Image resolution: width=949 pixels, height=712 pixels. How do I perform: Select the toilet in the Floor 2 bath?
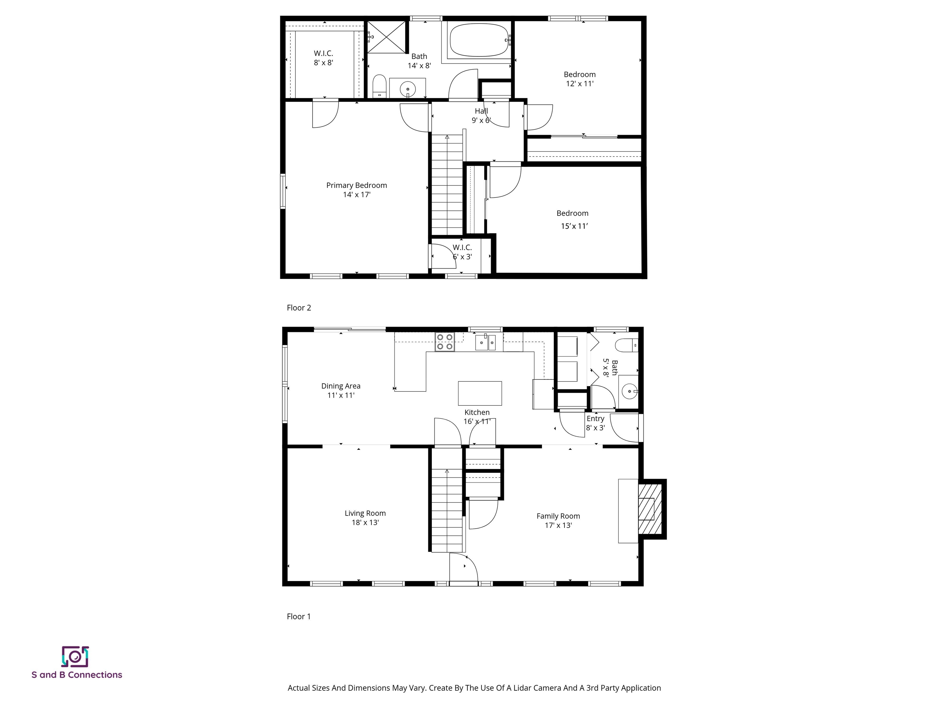coord(379,86)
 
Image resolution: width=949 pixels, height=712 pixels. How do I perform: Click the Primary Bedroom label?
coord(356,185)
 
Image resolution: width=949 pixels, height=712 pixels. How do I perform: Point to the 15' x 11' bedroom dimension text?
coord(574,226)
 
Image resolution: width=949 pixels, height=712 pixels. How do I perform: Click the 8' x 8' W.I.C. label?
coord(323,58)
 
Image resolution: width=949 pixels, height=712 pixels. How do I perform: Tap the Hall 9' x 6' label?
coord(481,116)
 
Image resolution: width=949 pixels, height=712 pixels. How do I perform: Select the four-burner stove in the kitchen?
coord(445,342)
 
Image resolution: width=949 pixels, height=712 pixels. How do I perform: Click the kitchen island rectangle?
coord(480,393)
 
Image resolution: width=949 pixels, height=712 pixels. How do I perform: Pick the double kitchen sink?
coord(486,342)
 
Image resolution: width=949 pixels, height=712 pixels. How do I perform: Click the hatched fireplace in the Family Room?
coord(650,509)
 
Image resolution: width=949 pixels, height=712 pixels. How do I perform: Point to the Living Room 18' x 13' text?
coord(365,522)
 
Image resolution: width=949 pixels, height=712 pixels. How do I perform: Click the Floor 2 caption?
coord(299,308)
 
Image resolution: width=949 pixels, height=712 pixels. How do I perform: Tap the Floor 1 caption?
coord(299,616)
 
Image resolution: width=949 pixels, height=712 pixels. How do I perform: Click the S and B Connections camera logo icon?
coord(75,657)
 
